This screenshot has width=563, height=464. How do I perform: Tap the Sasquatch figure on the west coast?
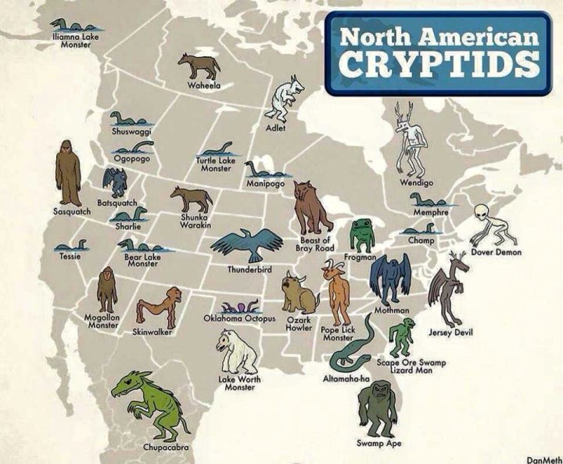click(68, 174)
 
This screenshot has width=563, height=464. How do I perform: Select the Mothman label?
click(393, 311)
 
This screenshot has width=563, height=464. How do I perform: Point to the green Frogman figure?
click(362, 235)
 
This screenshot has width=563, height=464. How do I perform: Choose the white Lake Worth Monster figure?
click(235, 351)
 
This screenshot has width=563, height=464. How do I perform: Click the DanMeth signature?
click(544, 459)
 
